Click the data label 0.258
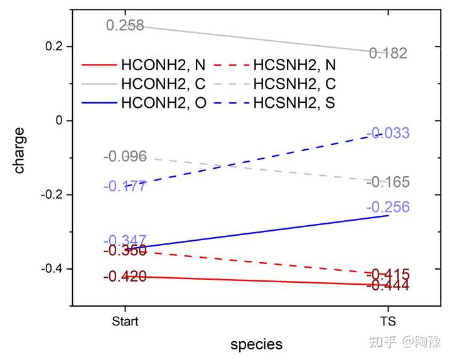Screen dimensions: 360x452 pyautogui.click(x=125, y=26)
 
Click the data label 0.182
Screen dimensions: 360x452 pyautogui.click(x=388, y=53)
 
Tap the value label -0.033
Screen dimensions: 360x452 pyautogui.click(x=388, y=133)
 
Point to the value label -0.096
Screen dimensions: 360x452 pyautogui.click(x=125, y=157)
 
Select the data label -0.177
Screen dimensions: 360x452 pyautogui.click(x=125, y=186)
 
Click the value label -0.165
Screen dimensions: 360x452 pyautogui.click(x=388, y=183)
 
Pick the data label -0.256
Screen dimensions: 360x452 pyautogui.click(x=388, y=208)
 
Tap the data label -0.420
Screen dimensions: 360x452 pyautogui.click(x=125, y=277)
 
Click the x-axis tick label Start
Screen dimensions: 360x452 pyautogui.click(x=125, y=322)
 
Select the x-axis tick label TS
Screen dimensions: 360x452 pyautogui.click(x=388, y=322)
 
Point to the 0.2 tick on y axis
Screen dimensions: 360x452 pyautogui.click(x=55, y=46)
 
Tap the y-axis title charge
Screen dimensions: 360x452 pyautogui.click(x=20, y=151)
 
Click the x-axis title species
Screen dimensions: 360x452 pyautogui.click(x=256, y=344)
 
